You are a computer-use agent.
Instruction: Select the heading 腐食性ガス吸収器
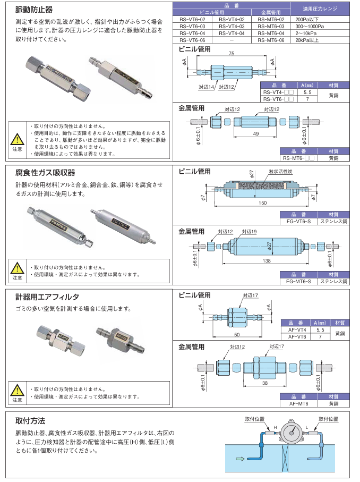tap(45, 173)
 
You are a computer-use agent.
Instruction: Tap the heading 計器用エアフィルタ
tap(47, 296)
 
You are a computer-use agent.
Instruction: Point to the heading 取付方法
tap(30, 420)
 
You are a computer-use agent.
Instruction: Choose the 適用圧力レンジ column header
tap(320, 9)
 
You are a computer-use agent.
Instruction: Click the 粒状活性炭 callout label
tap(280, 173)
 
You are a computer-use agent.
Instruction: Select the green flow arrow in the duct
tap(240, 459)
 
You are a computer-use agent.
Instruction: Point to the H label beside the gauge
tap(275, 427)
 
